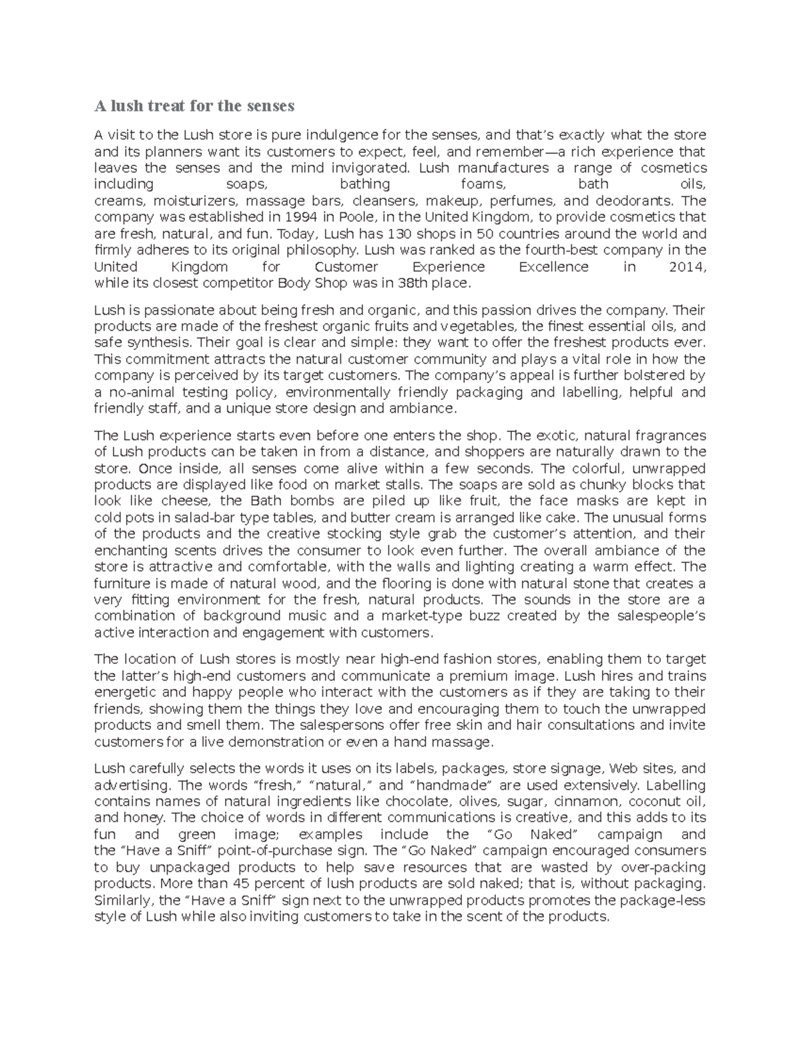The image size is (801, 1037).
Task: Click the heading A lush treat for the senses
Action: click(194, 106)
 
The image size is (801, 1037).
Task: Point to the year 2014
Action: click(686, 267)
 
